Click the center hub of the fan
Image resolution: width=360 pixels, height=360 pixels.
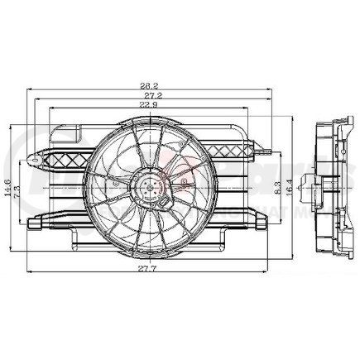coord(149,188)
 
